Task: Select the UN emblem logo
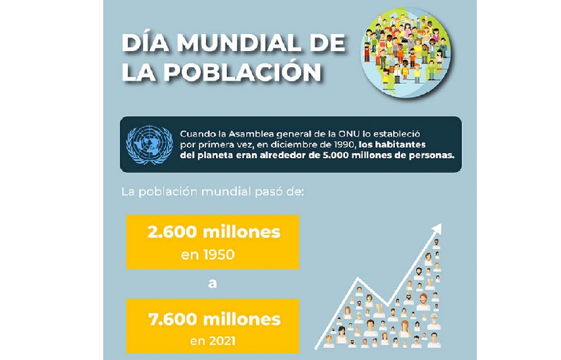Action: point(150,145)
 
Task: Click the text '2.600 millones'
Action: point(214,232)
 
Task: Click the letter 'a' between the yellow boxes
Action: point(212,283)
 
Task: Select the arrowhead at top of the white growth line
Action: point(438,228)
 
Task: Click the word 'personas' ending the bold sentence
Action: point(431,155)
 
